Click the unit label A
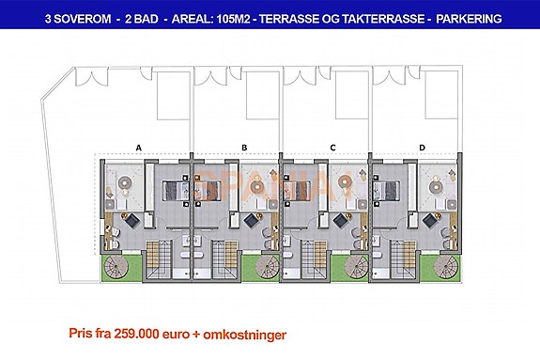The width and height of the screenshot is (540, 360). pyautogui.click(x=138, y=148)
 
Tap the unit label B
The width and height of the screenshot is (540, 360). pyautogui.click(x=244, y=148)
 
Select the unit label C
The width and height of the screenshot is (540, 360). pyautogui.click(x=333, y=148)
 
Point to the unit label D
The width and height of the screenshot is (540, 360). pyautogui.click(x=423, y=148)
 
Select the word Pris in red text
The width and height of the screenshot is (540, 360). pyautogui.click(x=82, y=333)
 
